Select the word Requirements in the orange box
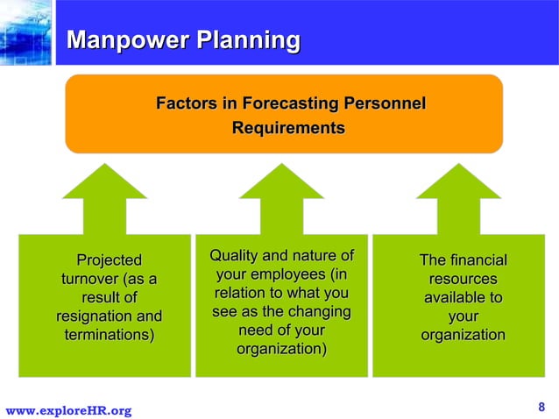click(287, 128)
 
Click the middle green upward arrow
click(281, 197)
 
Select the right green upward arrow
click(458, 197)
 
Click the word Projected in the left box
click(109, 260)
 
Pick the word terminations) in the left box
click(109, 335)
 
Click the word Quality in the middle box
click(232, 256)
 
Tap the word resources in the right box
click(463, 279)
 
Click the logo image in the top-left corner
click(25, 33)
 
